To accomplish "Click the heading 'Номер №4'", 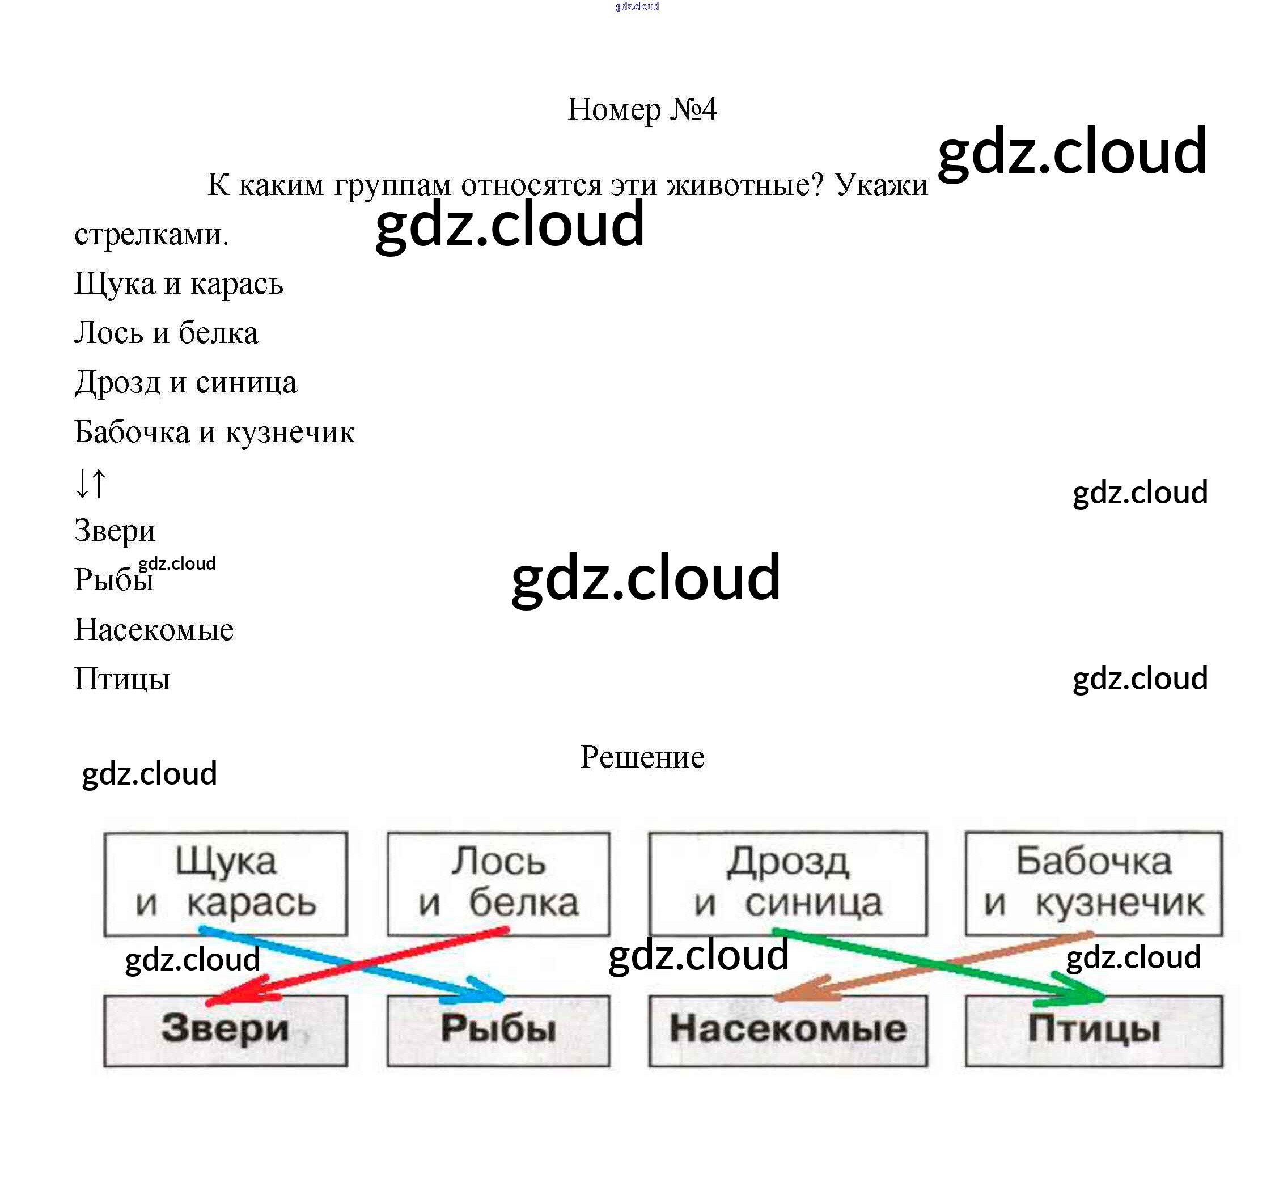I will click(x=642, y=109).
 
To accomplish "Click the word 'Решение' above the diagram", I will click(x=642, y=757).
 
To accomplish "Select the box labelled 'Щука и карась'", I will click(x=226, y=883).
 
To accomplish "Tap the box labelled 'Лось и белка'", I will click(x=498, y=883).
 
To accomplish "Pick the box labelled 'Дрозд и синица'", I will click(x=788, y=883).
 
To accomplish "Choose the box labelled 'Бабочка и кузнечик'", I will click(x=1094, y=883).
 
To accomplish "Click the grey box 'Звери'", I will click(x=226, y=1029).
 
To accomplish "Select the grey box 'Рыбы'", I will click(x=498, y=1029).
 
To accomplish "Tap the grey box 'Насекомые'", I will click(x=788, y=1029).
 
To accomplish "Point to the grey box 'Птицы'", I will click(x=1094, y=1029).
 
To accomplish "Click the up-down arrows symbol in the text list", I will click(x=91, y=482).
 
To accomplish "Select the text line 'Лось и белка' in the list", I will click(x=166, y=333).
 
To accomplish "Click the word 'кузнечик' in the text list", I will click(x=290, y=432).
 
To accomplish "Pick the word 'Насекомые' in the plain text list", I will click(x=154, y=630).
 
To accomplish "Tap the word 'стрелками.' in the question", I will click(x=151, y=235).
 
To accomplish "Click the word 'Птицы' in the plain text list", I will click(x=122, y=679).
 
